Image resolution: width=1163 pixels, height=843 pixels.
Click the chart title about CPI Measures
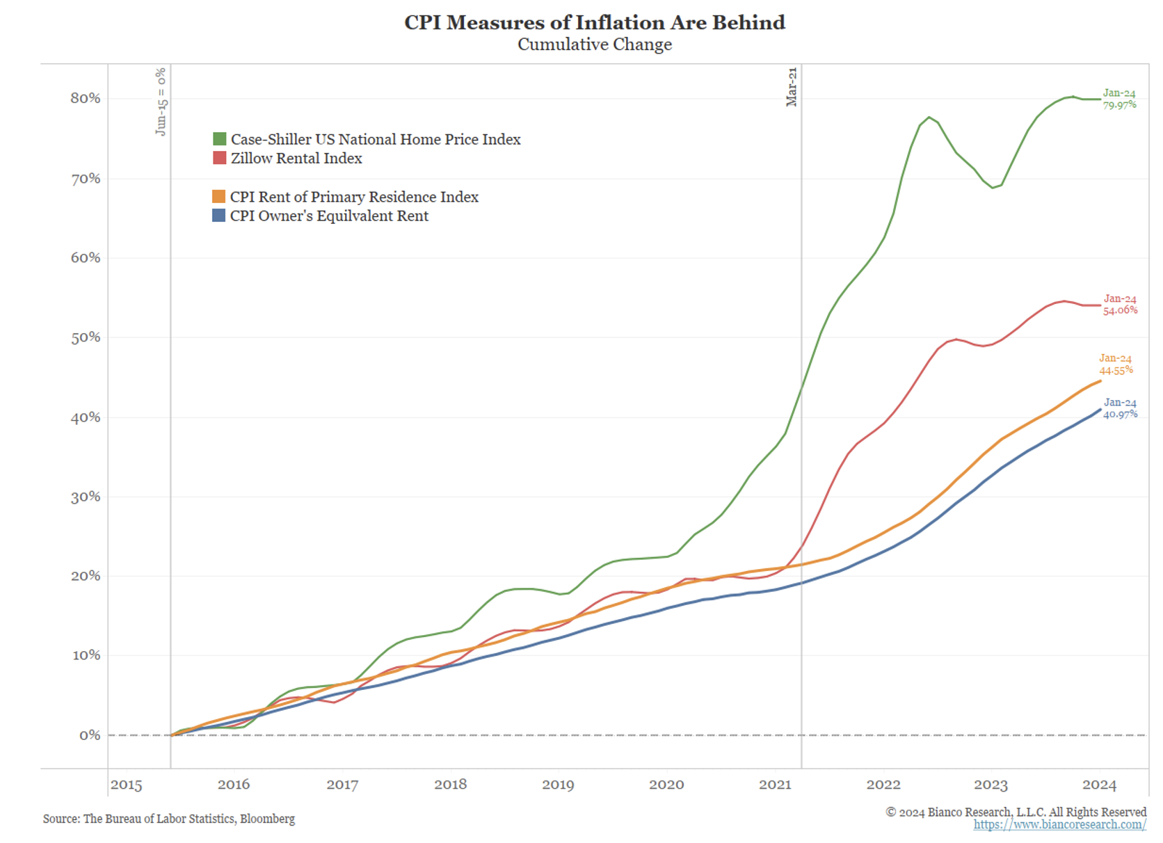tap(595, 22)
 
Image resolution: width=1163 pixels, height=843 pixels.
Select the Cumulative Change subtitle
tap(595, 45)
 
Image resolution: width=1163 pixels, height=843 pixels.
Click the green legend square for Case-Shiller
tap(219, 139)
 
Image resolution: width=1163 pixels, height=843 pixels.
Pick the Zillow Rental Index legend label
tap(296, 159)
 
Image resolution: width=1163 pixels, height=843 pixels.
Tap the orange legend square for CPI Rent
tap(218, 197)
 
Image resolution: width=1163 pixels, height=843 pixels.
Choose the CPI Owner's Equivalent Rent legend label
tap(329, 216)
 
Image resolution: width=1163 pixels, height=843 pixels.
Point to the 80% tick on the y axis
tap(86, 98)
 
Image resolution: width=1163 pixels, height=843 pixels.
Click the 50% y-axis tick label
tap(86, 337)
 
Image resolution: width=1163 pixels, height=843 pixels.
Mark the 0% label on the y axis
tap(90, 735)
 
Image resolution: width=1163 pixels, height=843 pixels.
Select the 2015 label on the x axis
tap(126, 785)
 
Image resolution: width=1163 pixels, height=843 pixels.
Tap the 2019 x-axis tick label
tap(558, 785)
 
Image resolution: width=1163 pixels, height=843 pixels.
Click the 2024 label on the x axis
tap(1099, 785)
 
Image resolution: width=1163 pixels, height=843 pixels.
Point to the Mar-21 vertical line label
tap(792, 87)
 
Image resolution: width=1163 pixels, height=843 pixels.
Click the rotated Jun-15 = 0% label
tap(161, 102)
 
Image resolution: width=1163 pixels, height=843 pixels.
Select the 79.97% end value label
tap(1120, 105)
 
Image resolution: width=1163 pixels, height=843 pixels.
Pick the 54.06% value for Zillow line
tap(1121, 310)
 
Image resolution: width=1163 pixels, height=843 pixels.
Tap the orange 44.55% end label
tap(1116, 370)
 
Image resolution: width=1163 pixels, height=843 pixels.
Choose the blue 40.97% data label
tap(1121, 414)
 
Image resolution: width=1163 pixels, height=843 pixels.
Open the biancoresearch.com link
tap(1059, 825)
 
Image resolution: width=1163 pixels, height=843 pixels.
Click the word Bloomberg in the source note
tap(268, 819)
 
